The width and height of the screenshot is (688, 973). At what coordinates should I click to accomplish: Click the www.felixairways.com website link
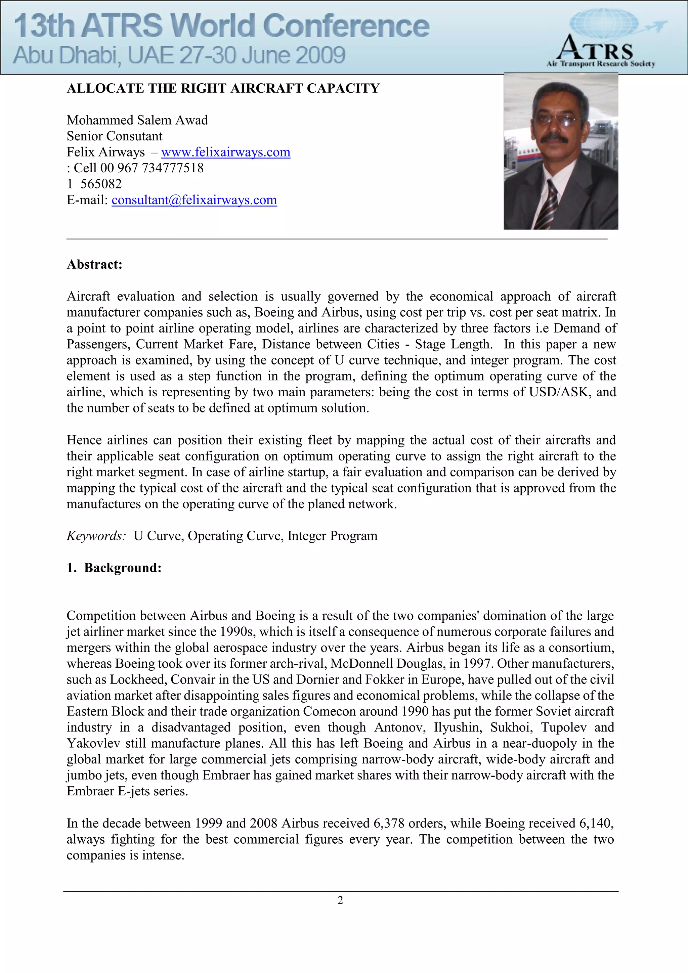[225, 152]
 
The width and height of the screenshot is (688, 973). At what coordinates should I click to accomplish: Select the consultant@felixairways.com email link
[194, 200]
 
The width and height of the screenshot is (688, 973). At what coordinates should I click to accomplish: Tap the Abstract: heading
[94, 264]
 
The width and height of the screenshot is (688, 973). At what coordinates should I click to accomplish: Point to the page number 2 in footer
[340, 900]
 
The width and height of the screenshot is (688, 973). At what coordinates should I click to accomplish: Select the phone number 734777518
[173, 168]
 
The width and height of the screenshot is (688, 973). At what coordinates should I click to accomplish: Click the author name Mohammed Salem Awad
[137, 120]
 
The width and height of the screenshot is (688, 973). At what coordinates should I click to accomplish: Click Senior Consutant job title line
[115, 136]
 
